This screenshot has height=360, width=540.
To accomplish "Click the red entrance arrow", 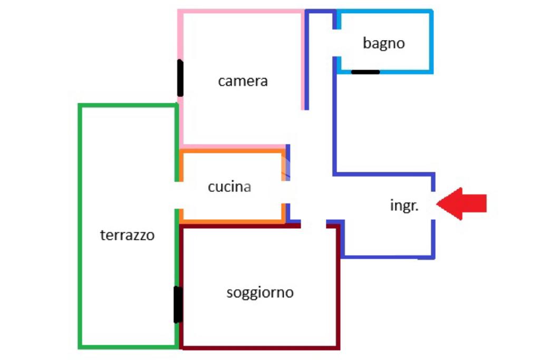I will pos(461,203).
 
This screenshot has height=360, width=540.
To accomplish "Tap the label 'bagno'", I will pos(383,43).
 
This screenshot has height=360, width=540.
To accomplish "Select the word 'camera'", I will pos(243,81).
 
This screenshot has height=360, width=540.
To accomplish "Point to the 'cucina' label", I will pos(229,187).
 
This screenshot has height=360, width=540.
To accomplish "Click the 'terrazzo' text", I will pos(127,235).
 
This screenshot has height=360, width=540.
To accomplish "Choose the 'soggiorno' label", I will pos(260,293).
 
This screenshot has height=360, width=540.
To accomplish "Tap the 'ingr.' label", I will pos(404,206).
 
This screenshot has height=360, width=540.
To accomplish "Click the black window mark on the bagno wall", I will pos(365,72).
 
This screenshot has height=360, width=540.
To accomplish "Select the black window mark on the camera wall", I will pos(180,78).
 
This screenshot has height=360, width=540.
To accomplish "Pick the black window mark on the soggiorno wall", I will pos(178,305).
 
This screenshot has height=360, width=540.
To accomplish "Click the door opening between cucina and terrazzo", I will pos(178,195).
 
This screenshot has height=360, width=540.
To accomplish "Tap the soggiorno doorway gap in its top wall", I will pos(313,226).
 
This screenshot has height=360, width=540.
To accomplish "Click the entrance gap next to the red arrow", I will pos(433,205).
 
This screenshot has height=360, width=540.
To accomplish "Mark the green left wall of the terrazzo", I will pos(80,227).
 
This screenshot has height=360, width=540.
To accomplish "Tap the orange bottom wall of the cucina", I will pos(232,221).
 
